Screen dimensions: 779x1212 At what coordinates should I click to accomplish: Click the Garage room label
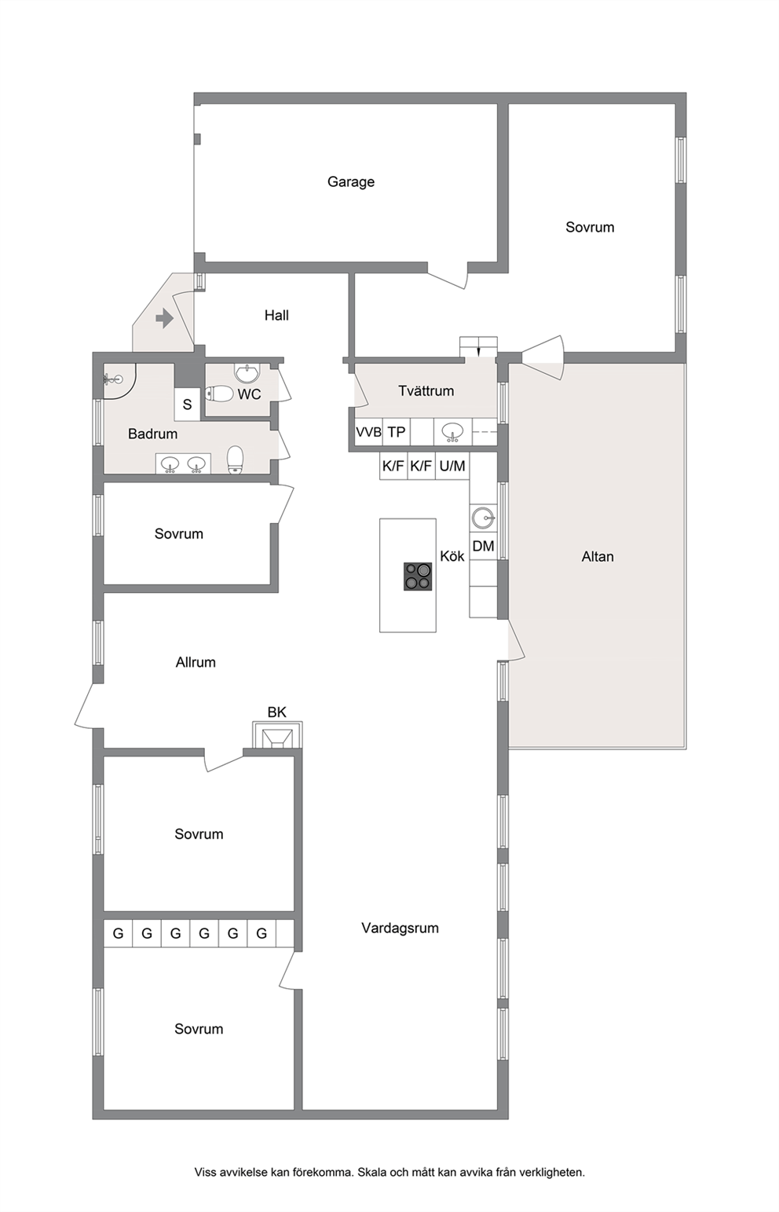pyautogui.click(x=350, y=181)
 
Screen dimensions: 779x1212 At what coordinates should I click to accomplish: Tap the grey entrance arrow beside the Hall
pyautogui.click(x=164, y=318)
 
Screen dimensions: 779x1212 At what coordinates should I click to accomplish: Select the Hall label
pyautogui.click(x=276, y=315)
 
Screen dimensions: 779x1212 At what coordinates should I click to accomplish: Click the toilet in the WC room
pyautogui.click(x=220, y=394)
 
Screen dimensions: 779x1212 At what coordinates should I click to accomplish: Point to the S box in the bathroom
pyautogui.click(x=187, y=404)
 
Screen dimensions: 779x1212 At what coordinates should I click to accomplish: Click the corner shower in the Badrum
pyautogui.click(x=120, y=381)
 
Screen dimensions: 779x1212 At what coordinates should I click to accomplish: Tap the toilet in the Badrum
pyautogui.click(x=236, y=460)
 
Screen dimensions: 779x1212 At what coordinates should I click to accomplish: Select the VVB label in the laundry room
pyautogui.click(x=368, y=432)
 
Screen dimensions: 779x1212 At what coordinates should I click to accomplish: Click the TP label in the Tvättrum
pyautogui.click(x=397, y=432)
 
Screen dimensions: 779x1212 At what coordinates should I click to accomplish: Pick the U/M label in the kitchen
pyautogui.click(x=452, y=466)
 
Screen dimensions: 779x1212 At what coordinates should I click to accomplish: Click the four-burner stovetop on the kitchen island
pyautogui.click(x=418, y=577)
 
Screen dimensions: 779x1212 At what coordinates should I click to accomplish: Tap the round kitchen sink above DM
pyautogui.click(x=483, y=518)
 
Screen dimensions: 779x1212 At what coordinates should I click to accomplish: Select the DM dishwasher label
pyautogui.click(x=483, y=546)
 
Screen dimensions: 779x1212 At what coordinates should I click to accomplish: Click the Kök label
pyautogui.click(x=452, y=556)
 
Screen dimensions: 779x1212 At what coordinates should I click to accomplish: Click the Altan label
pyautogui.click(x=598, y=556)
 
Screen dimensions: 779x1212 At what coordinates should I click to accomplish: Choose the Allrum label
pyautogui.click(x=196, y=662)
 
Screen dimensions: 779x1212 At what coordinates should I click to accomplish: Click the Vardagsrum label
pyautogui.click(x=400, y=928)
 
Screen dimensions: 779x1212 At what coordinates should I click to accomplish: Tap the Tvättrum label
pyautogui.click(x=426, y=390)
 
